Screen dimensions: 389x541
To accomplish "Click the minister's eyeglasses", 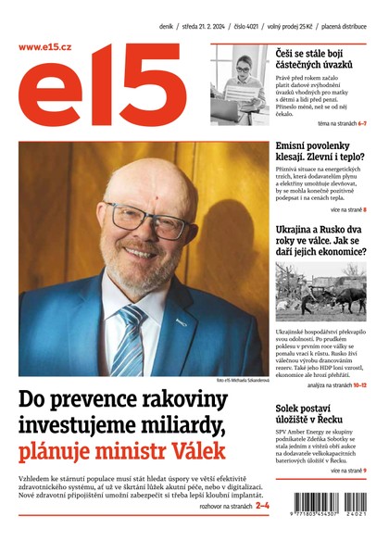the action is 138,224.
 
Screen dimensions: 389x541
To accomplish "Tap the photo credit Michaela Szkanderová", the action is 242,382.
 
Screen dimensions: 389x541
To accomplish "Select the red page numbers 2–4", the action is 262,506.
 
